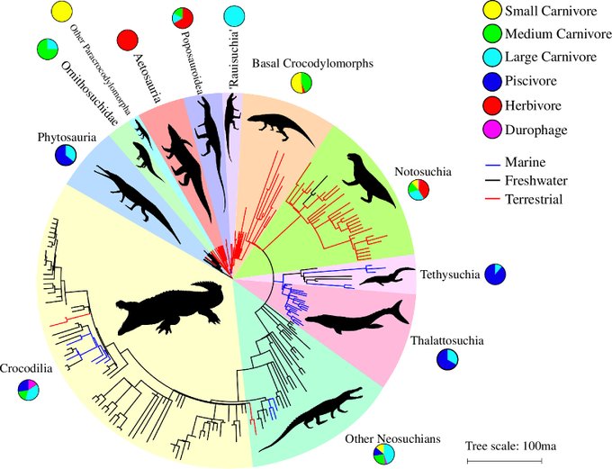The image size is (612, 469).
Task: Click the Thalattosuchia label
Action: point(447,341)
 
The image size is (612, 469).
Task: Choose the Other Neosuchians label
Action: point(393,439)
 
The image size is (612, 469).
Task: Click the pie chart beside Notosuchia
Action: point(418,190)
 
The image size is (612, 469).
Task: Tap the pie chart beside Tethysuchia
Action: point(495,274)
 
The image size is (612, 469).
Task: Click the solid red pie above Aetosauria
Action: point(127,40)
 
